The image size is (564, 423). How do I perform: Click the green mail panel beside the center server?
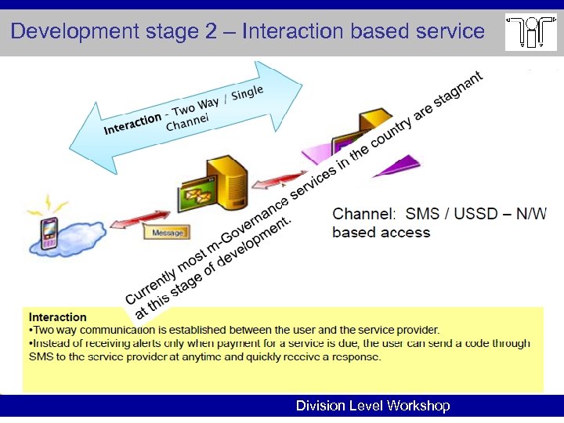pos(195,197)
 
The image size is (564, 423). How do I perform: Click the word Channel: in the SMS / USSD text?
pos(364,214)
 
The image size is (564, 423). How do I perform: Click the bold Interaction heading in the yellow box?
pos(57,317)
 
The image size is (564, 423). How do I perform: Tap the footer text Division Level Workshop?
pos(373,406)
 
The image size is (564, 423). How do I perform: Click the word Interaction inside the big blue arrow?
pos(132,124)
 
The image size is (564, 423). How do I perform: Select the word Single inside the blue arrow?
pos(247,93)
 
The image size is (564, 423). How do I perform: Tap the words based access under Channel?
pos(381,232)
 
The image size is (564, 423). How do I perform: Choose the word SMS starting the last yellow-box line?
pos(40,356)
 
